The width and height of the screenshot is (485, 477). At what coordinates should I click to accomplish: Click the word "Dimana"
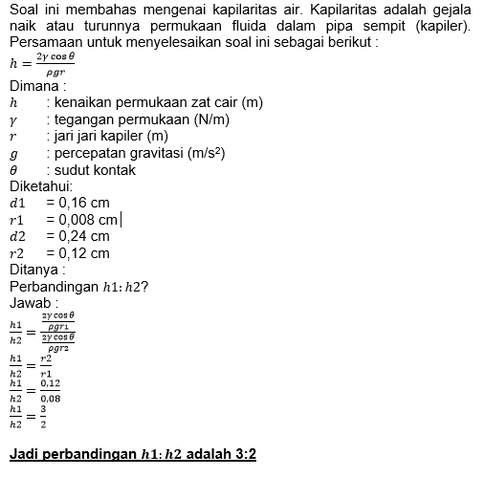[x=32, y=86]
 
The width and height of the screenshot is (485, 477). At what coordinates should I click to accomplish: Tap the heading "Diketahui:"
[x=38, y=186]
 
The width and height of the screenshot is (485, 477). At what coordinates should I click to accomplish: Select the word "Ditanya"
[x=34, y=271]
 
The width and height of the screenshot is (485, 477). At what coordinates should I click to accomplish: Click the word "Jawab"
[x=31, y=303]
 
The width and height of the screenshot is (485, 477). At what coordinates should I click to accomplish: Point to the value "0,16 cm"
[x=84, y=203]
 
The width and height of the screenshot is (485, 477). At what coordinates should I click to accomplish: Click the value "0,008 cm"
[x=88, y=220]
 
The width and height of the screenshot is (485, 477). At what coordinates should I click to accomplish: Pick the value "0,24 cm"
[x=84, y=236]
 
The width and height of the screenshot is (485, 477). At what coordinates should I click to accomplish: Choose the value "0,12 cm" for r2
[x=84, y=253]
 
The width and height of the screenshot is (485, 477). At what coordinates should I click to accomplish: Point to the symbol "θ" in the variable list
[x=13, y=170]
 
